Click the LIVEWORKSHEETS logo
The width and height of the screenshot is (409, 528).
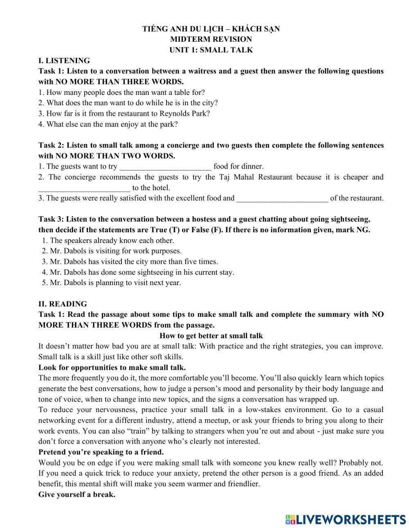click(346, 519)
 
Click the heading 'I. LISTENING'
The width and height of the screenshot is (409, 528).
click(64, 61)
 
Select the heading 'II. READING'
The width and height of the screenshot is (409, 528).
click(63, 304)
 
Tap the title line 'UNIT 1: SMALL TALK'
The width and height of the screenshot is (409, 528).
click(211, 50)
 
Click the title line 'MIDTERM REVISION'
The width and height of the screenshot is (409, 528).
click(211, 39)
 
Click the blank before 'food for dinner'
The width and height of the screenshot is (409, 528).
click(165, 167)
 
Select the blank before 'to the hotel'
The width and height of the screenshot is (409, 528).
click(84, 188)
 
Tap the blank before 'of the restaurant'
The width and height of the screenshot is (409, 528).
click(282, 199)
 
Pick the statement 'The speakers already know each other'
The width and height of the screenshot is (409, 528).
click(108, 240)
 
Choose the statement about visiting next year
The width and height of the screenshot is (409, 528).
click(112, 283)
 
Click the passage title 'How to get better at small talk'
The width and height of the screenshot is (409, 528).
click(211, 336)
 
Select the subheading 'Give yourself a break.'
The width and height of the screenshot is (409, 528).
click(77, 494)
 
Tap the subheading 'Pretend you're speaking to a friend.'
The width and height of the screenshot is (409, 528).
click(101, 452)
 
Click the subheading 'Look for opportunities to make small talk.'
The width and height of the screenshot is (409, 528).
click(112, 367)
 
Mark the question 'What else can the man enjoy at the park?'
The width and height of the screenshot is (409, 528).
click(108, 124)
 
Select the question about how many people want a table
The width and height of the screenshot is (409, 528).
click(122, 92)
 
